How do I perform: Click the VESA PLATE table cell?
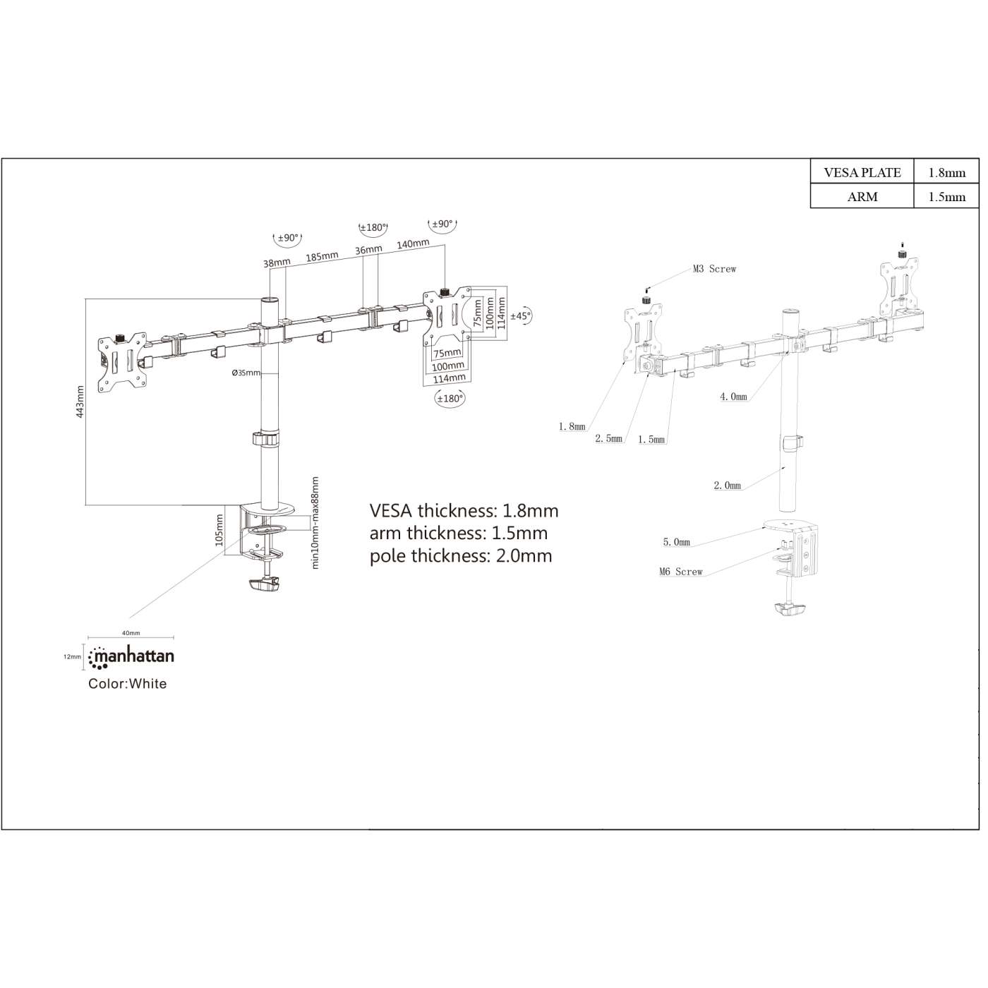[x=862, y=172]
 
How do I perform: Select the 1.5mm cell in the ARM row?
[x=946, y=197]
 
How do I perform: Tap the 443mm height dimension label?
[x=80, y=402]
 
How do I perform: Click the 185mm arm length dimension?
[x=322, y=256]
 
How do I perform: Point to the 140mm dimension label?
[x=413, y=244]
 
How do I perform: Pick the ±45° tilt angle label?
[x=520, y=316]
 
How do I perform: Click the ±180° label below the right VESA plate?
[x=450, y=399]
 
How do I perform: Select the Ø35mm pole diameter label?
[x=246, y=373]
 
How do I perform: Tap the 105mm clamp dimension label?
[x=219, y=529]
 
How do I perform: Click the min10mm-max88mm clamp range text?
[x=315, y=522]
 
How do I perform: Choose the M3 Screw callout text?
[x=714, y=269]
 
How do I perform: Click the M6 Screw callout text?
[x=681, y=572]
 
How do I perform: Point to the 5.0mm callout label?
[x=676, y=542]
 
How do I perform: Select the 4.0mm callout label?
[x=733, y=397]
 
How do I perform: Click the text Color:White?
[x=128, y=684]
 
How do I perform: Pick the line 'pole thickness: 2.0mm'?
[x=461, y=556]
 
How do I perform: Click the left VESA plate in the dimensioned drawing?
[x=122, y=361]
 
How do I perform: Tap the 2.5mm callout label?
[x=608, y=438]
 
